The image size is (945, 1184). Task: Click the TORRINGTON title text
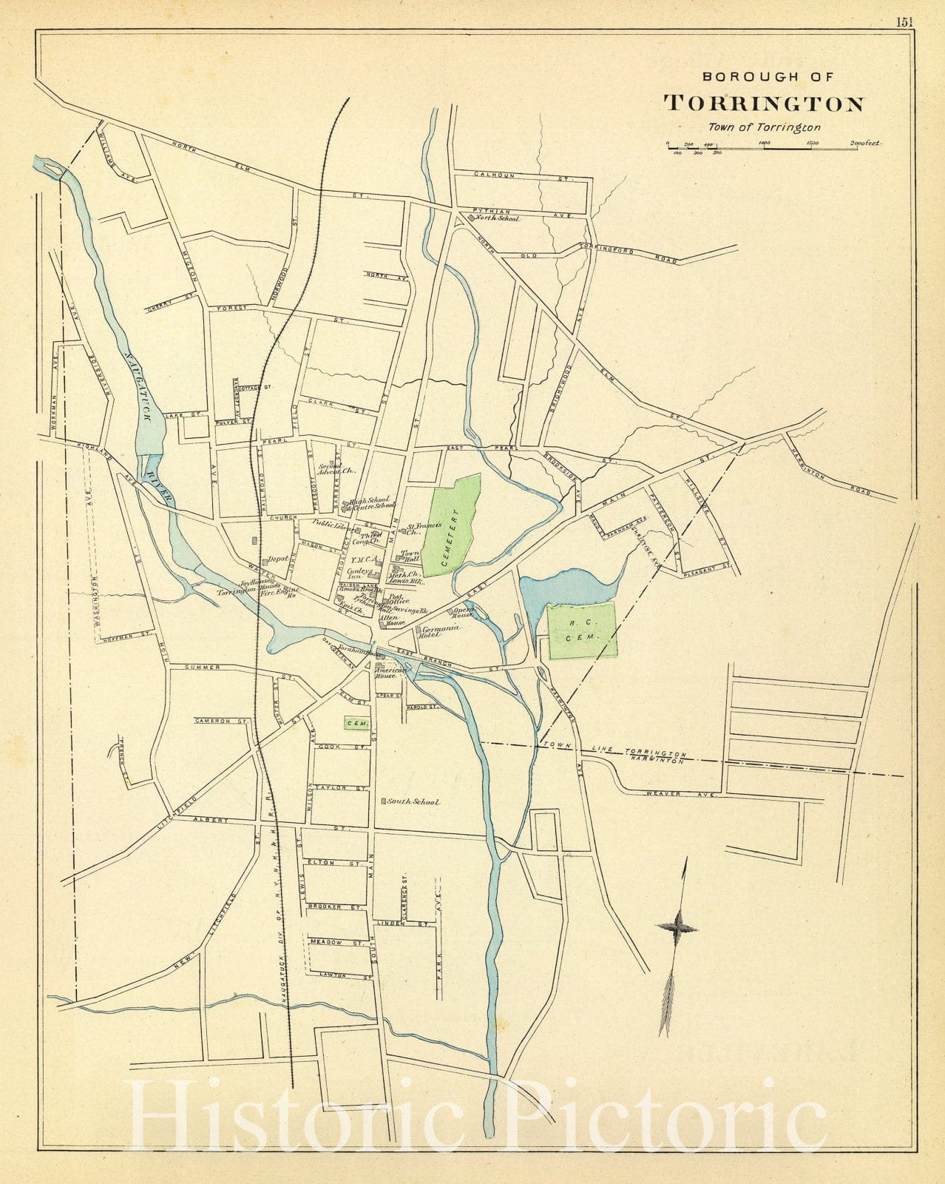(763, 104)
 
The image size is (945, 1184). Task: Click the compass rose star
(677, 926)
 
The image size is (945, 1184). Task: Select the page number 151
(905, 21)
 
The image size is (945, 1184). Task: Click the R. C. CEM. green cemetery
(583, 630)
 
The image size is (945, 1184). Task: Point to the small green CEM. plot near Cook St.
(356, 723)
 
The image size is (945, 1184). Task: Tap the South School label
(412, 802)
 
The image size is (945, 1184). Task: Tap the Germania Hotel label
(438, 629)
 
